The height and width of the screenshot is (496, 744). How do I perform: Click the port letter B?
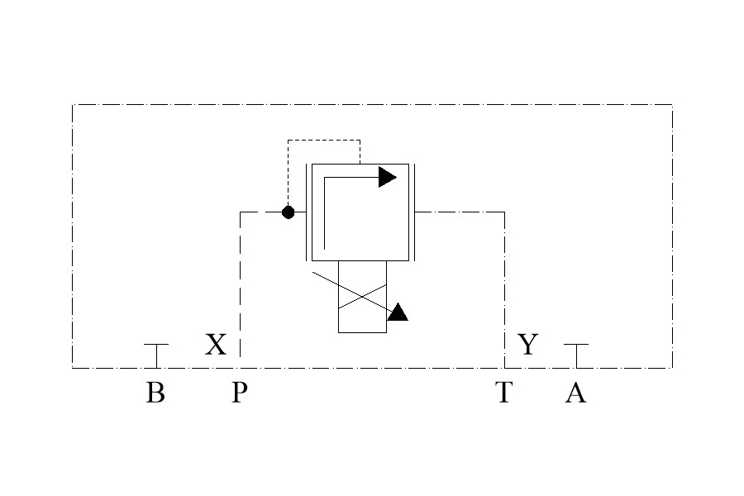[x=155, y=392]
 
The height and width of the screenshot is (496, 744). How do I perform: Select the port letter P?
[x=239, y=392]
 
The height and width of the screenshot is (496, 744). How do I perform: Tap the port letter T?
[x=503, y=392]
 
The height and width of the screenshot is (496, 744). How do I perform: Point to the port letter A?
[x=575, y=392]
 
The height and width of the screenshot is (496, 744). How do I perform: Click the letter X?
[x=215, y=344]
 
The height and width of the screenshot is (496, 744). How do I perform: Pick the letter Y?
[x=527, y=344]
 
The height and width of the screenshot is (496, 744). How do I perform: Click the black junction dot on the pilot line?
[x=288, y=212]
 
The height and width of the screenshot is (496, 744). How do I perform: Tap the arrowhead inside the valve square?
[x=387, y=176]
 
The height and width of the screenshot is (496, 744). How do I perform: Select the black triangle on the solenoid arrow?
[x=398, y=312]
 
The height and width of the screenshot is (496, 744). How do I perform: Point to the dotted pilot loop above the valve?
[x=323, y=141]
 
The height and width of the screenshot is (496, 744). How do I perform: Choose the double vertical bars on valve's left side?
[x=308, y=212]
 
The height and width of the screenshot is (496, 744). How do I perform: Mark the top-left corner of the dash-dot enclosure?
[x=73, y=105]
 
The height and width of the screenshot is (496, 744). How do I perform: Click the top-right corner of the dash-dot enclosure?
[x=672, y=105]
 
